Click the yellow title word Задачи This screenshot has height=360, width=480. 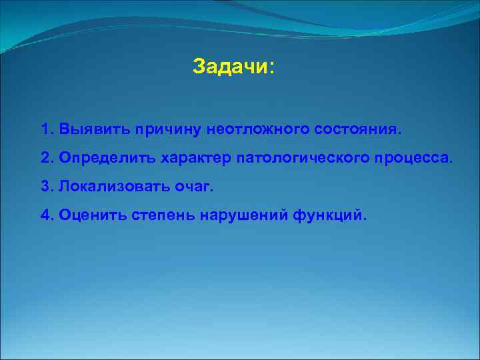click(230, 67)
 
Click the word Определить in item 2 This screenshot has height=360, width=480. click(107, 158)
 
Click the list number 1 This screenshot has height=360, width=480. click(45, 128)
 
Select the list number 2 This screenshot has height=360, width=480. click(45, 158)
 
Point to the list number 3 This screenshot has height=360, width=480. click(45, 187)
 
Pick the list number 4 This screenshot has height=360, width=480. click(45, 216)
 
